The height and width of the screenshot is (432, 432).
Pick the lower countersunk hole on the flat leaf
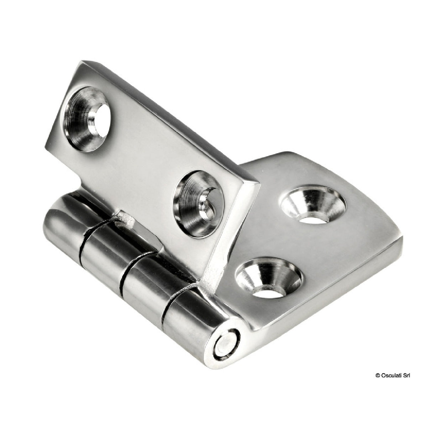tap(271, 278)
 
